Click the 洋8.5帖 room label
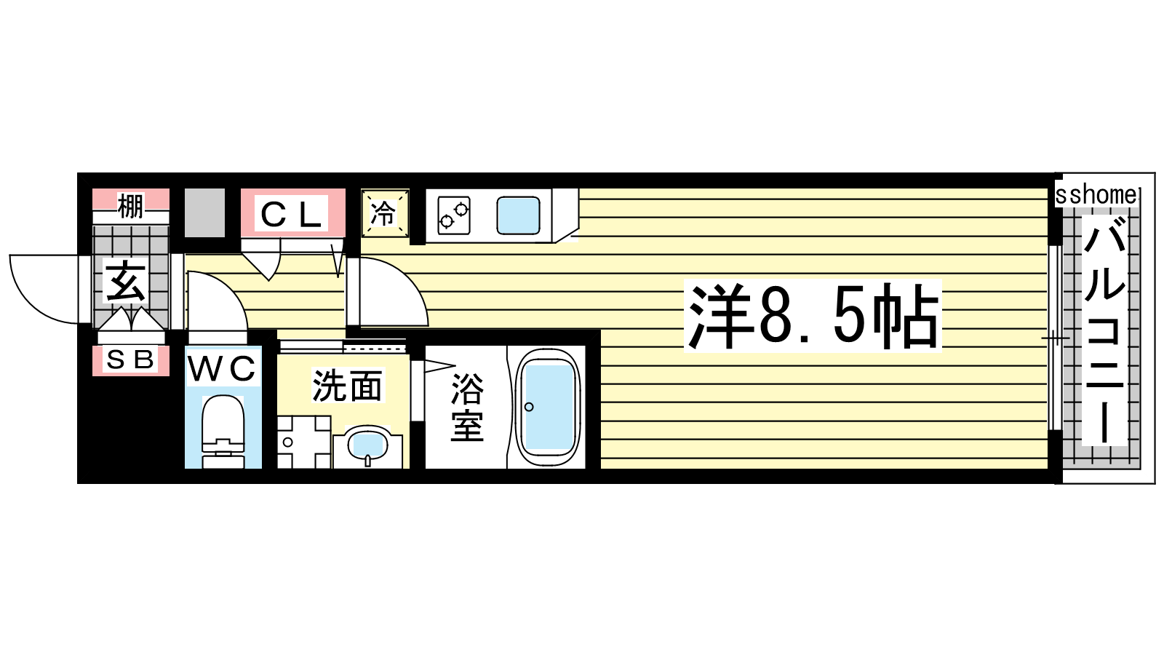click(813, 316)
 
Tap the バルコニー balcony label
click(1104, 330)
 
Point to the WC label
click(223, 368)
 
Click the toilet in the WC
click(223, 432)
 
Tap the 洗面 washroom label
click(347, 385)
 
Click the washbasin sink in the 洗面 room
click(368, 445)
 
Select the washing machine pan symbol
click(303, 442)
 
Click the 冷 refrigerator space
click(385, 213)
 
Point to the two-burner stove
click(454, 215)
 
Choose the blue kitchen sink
click(518, 215)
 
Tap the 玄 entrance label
click(127, 283)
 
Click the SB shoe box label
click(130, 360)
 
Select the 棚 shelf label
click(130, 206)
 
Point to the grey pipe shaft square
click(204, 213)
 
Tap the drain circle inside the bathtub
click(529, 407)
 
